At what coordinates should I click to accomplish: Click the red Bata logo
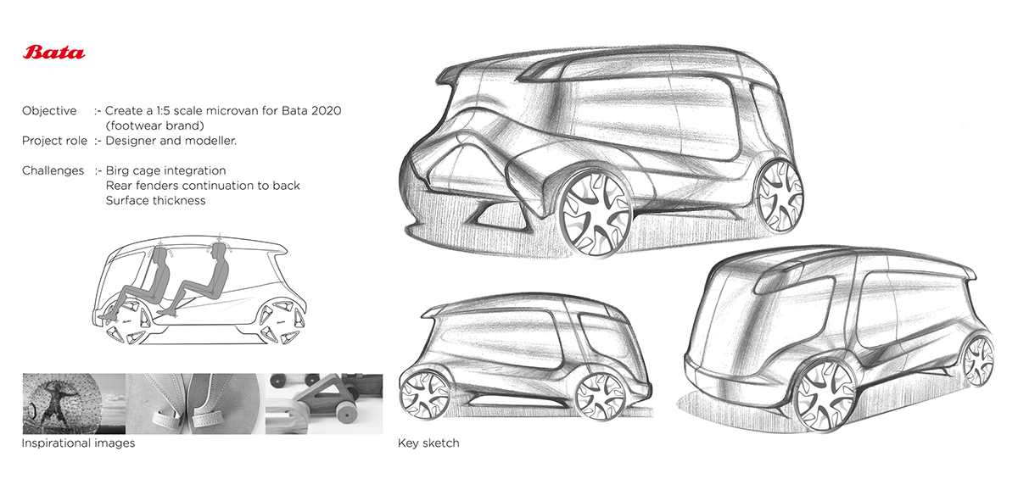click(x=54, y=53)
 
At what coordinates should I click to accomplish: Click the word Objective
click(x=49, y=111)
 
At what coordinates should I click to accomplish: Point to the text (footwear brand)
click(x=156, y=125)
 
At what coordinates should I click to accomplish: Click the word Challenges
click(x=53, y=170)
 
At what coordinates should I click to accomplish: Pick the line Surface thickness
click(x=155, y=201)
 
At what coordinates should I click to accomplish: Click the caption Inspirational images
click(x=78, y=443)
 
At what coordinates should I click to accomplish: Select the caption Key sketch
click(x=428, y=443)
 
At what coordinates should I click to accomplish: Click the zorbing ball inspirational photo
click(x=74, y=404)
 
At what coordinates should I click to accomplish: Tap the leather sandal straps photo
click(x=195, y=404)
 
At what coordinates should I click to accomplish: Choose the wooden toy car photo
click(x=324, y=404)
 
